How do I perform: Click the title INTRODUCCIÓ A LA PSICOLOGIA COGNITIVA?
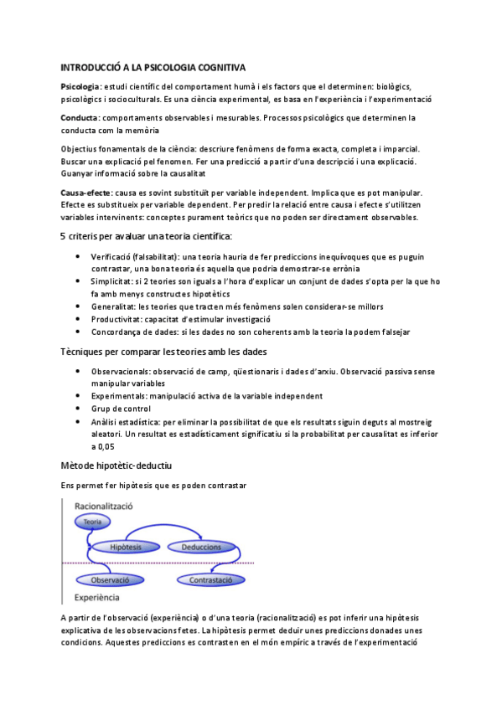153,68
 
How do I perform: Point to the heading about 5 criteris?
146,236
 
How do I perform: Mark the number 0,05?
103,446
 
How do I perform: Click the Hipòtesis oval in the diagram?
126,547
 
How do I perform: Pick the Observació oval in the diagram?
110,579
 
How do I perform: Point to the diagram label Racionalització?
109,507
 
